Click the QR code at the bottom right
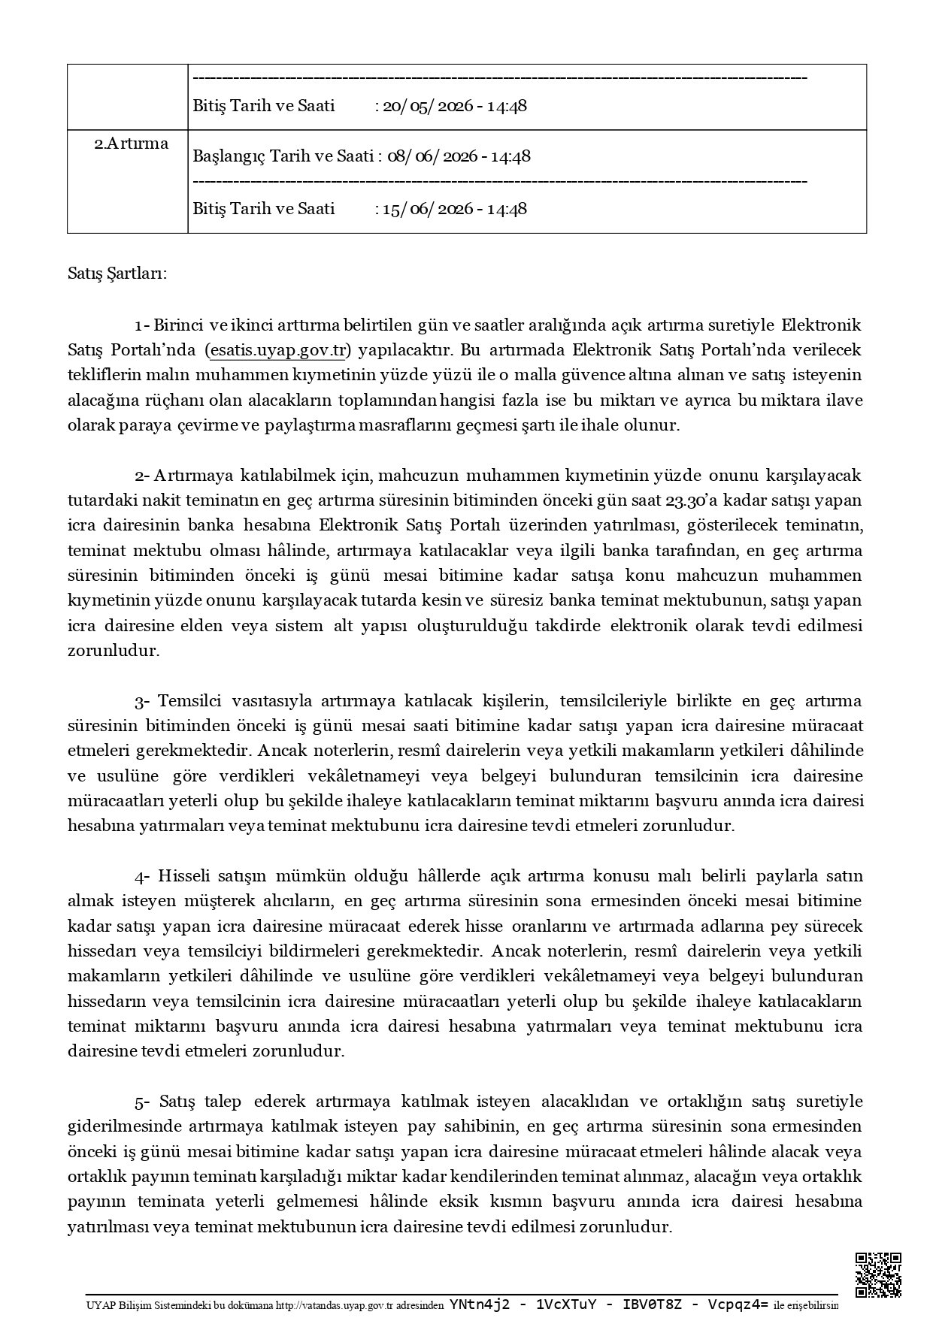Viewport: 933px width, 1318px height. [x=878, y=1274]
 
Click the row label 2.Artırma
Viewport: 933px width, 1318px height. [x=131, y=144]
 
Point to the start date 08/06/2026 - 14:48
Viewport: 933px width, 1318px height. [x=459, y=156]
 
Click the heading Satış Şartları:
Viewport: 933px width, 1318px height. [x=117, y=273]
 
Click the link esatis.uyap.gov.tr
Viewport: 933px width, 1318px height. [x=278, y=350]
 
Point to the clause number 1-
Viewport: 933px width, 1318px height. [x=142, y=325]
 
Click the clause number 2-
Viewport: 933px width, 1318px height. [x=143, y=476]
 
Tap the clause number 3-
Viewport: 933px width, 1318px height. [x=143, y=701]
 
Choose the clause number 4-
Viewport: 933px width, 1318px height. [x=143, y=876]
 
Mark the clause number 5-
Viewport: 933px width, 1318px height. [x=143, y=1102]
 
